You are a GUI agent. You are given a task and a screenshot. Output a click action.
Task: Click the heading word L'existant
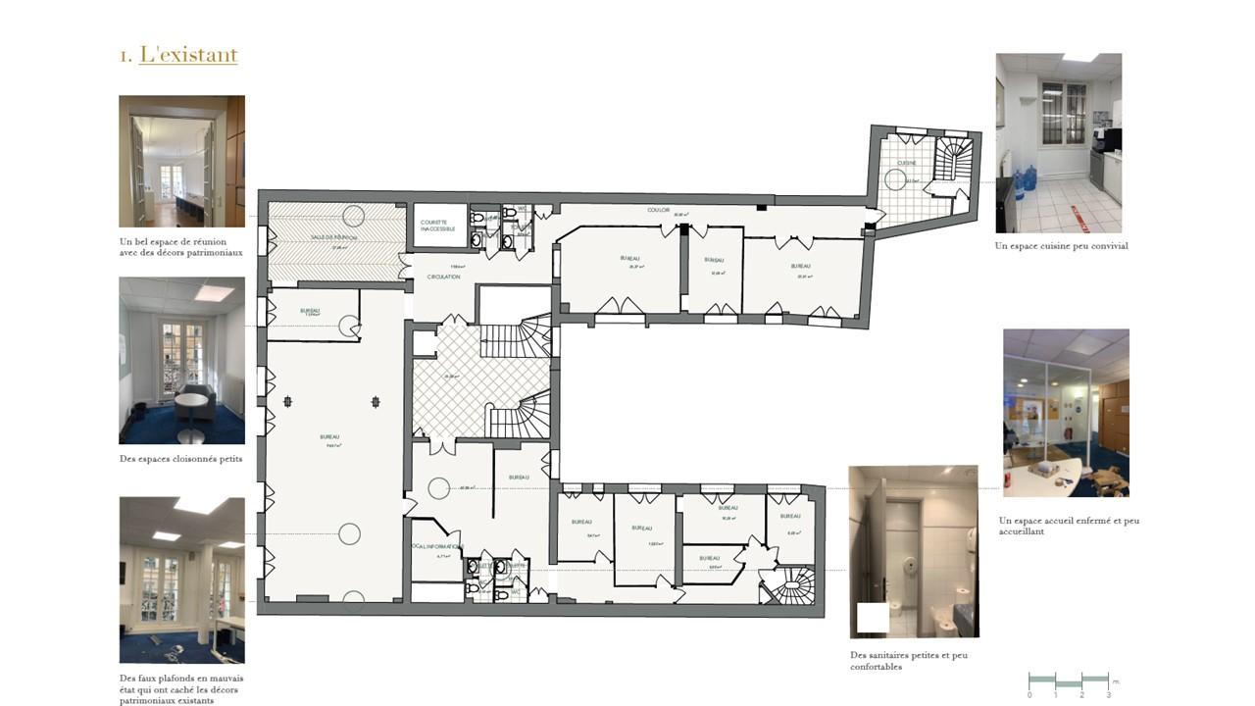coord(188,55)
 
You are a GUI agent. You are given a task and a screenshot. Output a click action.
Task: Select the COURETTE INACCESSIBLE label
coord(438,226)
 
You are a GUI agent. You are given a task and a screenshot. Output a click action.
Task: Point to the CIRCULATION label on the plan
coord(443,277)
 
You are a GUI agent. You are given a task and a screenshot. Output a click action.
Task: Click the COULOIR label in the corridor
coord(658,210)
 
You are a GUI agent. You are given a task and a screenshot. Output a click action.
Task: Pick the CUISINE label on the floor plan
coord(906,163)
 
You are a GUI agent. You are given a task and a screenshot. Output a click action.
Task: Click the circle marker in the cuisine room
coord(895,178)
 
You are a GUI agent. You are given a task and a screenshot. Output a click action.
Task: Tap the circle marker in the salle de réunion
coord(353,216)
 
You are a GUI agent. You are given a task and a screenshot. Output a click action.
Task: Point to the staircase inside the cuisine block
coord(952,160)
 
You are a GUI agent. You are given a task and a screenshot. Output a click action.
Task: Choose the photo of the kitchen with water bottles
coord(1059,143)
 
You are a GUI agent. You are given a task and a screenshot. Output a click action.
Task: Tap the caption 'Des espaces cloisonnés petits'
coord(180,459)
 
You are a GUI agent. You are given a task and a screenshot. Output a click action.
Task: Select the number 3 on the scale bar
coord(1108,695)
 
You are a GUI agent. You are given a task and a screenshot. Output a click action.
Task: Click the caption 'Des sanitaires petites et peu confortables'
coord(909,661)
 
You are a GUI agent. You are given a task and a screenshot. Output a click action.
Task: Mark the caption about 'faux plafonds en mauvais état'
coord(181,689)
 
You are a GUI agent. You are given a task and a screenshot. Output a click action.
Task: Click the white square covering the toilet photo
coord(873,618)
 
